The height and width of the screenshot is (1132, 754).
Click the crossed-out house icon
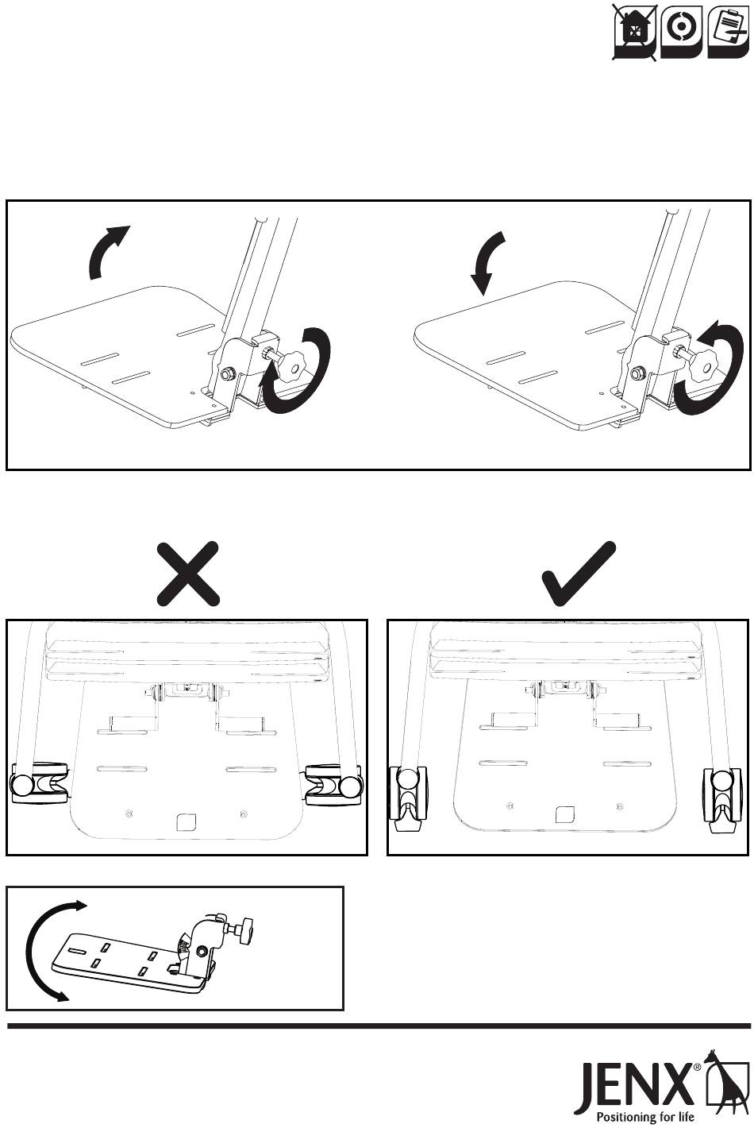(635, 31)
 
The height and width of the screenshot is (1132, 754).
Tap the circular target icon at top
(680, 29)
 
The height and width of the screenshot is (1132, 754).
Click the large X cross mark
(188, 573)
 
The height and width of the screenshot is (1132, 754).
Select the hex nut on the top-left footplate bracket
(226, 373)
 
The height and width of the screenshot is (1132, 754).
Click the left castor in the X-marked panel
(38, 785)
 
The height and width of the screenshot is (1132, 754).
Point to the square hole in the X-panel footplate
(187, 819)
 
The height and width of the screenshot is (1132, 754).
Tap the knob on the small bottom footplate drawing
(244, 928)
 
